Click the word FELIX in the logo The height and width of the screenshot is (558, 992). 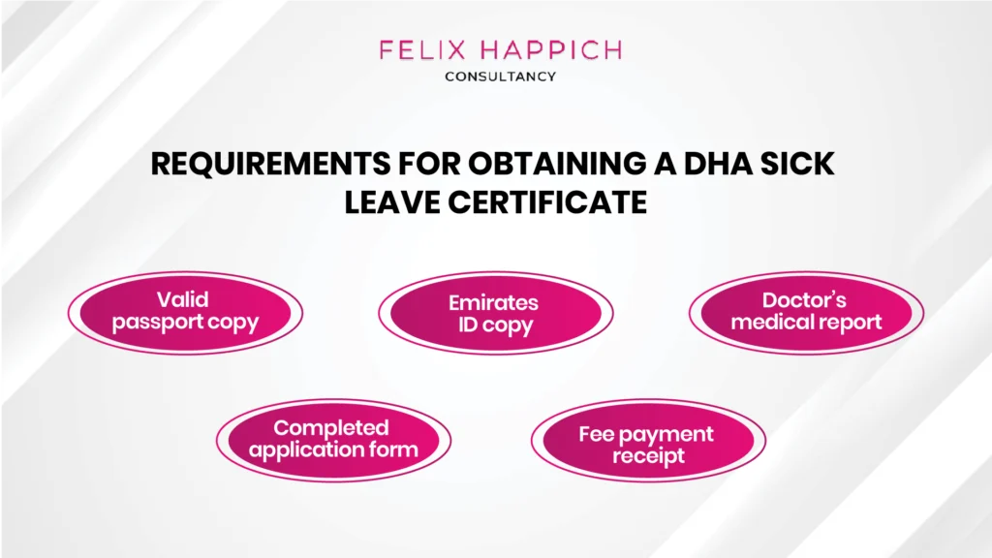click(416, 49)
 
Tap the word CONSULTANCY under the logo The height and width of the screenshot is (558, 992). click(500, 77)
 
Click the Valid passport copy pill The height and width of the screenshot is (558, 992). click(185, 312)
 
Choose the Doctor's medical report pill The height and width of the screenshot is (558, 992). click(806, 312)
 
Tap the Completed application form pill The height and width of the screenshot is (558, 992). click(332, 439)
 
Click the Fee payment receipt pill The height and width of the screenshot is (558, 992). click(647, 444)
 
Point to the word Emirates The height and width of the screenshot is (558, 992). click(494, 302)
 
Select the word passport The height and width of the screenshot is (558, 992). click(157, 323)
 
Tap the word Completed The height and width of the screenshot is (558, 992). click(331, 427)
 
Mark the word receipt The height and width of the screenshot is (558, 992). click(648, 455)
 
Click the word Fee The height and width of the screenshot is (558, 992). click(597, 433)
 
